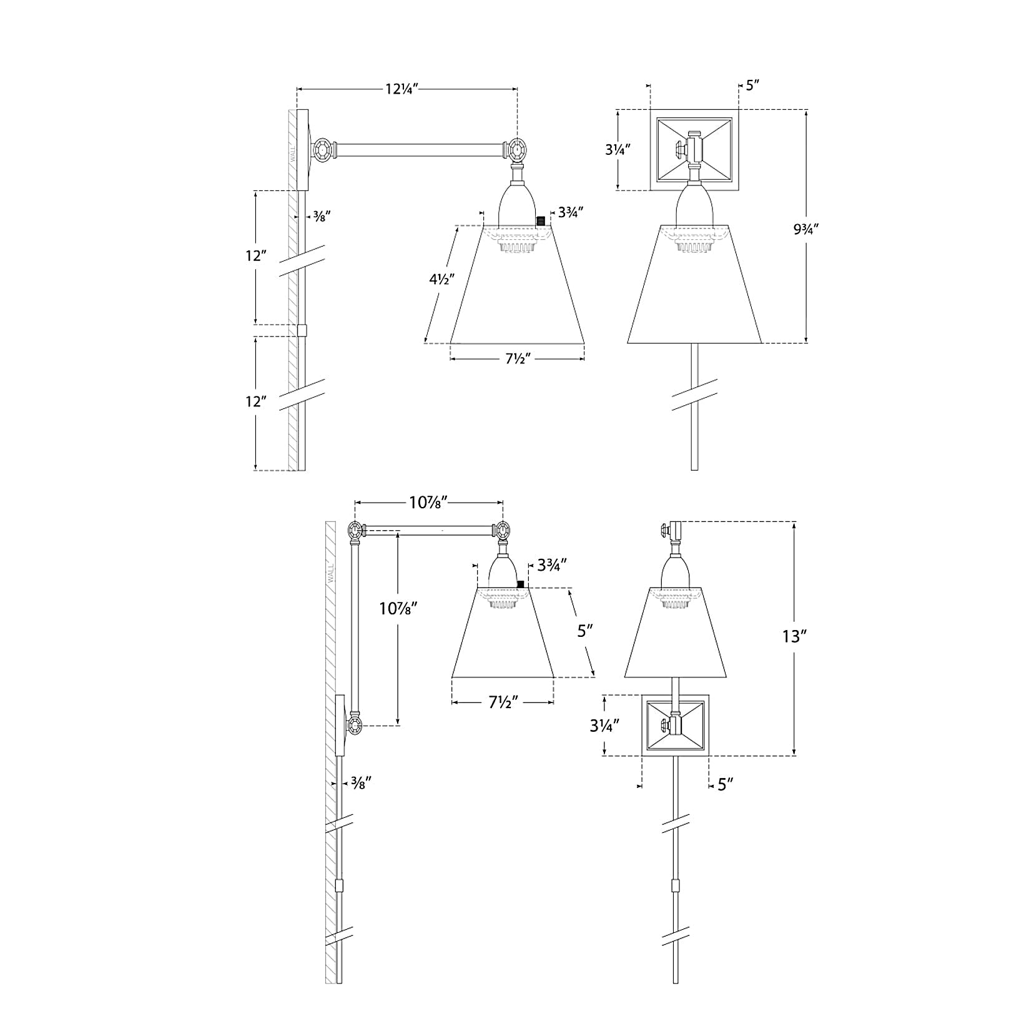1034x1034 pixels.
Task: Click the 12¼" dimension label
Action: tap(401, 89)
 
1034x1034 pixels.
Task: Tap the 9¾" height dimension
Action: tap(805, 229)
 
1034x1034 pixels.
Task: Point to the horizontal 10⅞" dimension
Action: tap(429, 501)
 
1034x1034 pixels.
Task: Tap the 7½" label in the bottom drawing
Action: tap(501, 703)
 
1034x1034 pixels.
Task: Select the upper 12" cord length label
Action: tap(255, 256)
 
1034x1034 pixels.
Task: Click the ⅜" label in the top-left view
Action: tap(320, 216)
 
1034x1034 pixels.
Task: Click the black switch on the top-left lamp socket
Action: tap(541, 221)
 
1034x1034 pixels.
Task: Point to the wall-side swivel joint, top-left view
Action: tap(323, 150)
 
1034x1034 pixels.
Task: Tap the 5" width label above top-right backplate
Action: tap(752, 85)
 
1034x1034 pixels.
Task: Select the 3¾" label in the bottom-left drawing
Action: tap(551, 565)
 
